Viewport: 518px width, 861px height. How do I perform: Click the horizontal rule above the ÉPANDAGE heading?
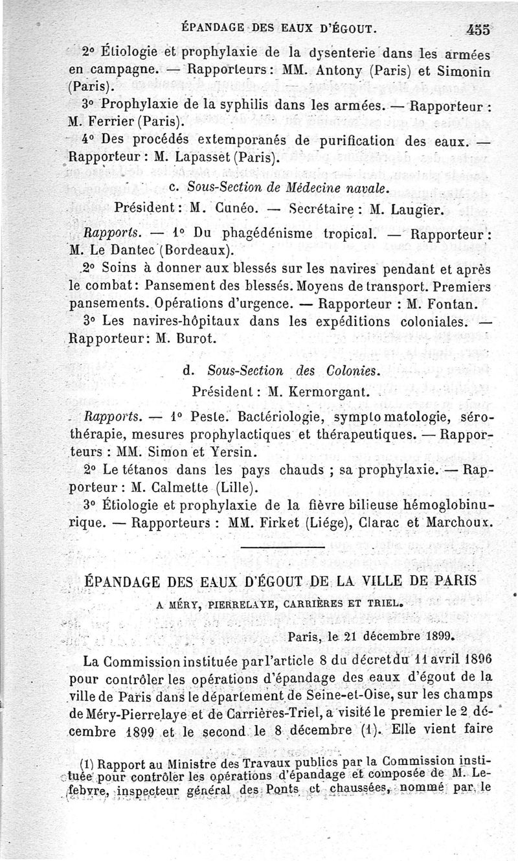(x=282, y=551)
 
